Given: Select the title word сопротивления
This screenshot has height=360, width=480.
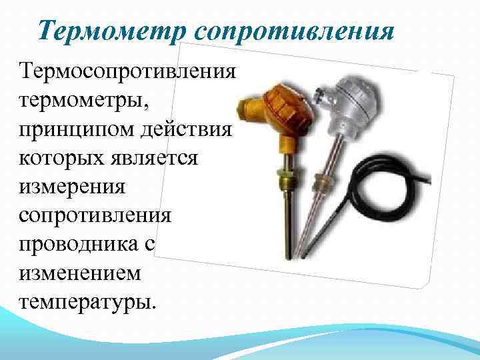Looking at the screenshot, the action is pos(294,33).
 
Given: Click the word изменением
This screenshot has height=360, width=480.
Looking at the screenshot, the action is pos(80,274).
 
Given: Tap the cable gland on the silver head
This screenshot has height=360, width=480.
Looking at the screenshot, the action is pos(321,94).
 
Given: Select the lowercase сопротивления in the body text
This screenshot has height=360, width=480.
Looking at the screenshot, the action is pos(95,217).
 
